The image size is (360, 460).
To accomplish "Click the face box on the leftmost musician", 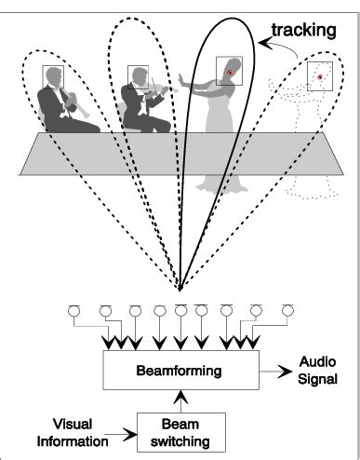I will (53, 75).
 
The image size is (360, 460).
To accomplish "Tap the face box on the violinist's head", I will (137, 74).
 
